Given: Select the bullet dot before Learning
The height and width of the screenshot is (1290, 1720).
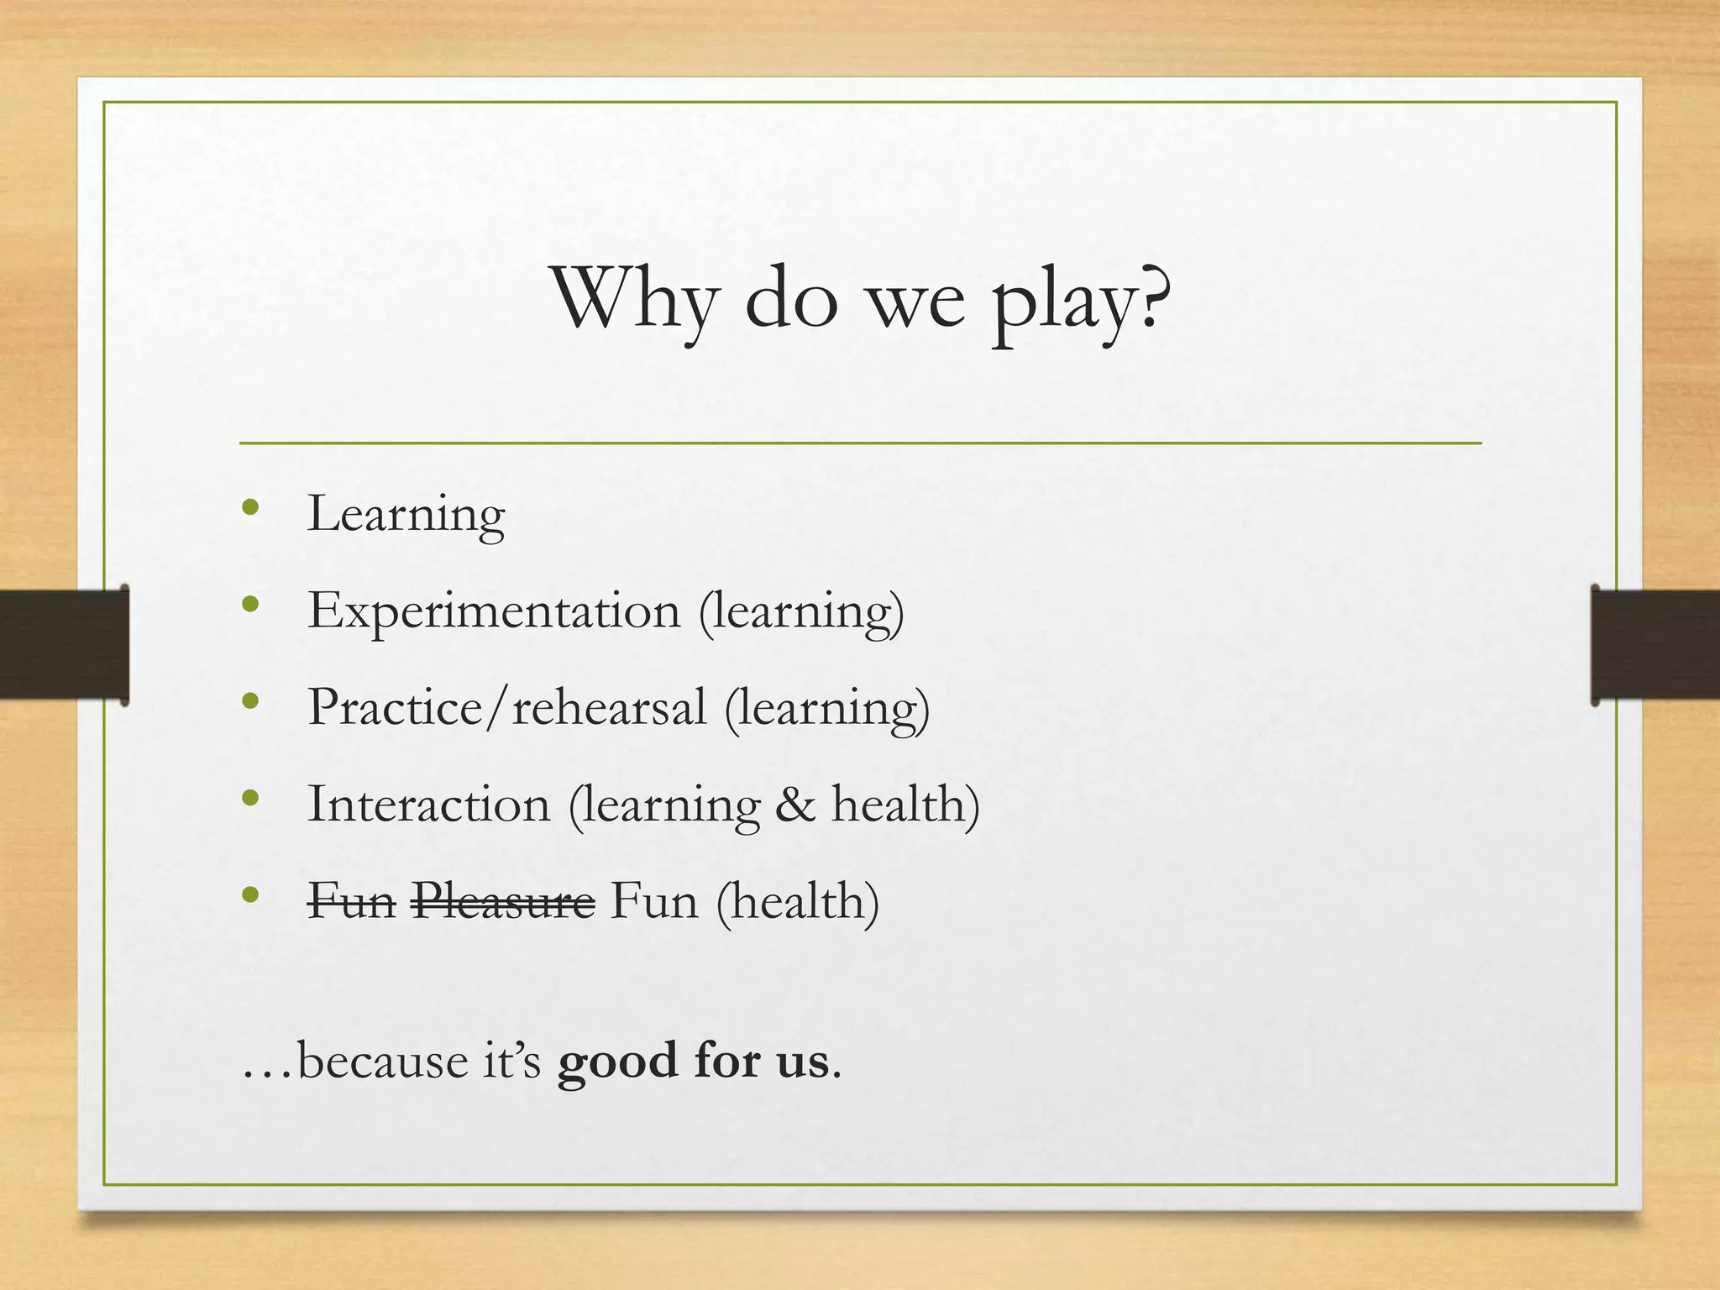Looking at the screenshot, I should click(x=249, y=506).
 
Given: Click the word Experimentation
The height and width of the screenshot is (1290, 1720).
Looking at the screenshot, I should click(x=494, y=611).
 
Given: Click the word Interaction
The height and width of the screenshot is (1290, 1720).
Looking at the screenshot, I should click(x=428, y=805).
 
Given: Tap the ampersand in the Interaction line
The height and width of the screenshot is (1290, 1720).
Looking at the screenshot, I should click(x=794, y=805).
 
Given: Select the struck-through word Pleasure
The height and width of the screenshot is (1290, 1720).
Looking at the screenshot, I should click(x=503, y=901).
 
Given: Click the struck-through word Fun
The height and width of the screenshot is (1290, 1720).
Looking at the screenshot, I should click(x=351, y=901).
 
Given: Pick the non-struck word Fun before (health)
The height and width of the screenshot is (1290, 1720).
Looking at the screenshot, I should click(x=654, y=901).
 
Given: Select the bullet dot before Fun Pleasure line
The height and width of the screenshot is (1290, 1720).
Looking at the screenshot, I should click(x=249, y=895).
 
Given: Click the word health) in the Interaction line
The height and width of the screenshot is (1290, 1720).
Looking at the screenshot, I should click(x=905, y=805).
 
